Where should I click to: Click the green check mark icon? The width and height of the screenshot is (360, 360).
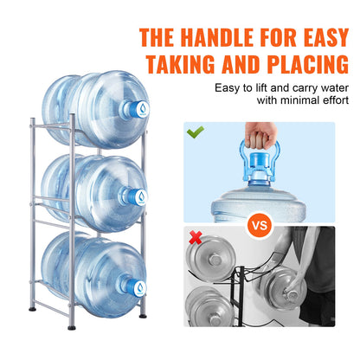(x=196, y=132)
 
